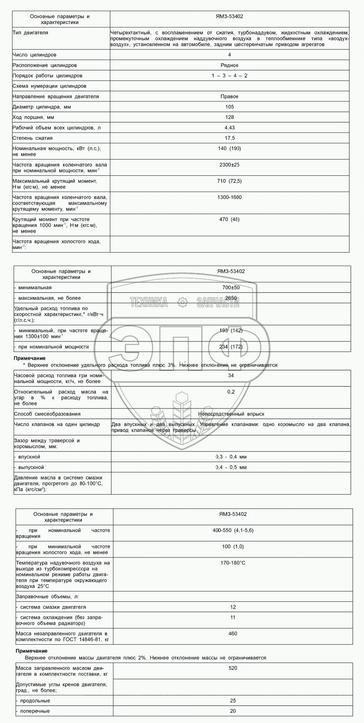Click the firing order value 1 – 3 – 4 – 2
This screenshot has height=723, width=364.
tap(230, 76)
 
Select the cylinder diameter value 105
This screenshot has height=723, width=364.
tap(230, 107)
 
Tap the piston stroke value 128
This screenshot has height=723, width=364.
tap(230, 117)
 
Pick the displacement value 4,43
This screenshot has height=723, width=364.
tap(230, 128)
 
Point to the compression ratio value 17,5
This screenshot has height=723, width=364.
tap(230, 138)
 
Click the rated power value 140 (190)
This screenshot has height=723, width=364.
tap(230, 148)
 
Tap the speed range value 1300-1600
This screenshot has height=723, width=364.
tap(230, 197)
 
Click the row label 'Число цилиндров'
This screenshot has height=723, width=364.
tap(34, 55)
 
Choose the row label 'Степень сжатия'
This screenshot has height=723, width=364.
tap(32, 138)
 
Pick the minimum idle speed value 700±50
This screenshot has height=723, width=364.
tap(231, 288)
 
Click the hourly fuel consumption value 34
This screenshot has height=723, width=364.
tap(231, 375)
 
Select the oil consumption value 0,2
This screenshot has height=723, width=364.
tap(231, 392)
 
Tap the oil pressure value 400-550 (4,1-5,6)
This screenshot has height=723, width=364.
tap(233, 530)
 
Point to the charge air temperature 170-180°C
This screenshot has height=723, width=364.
tap(233, 563)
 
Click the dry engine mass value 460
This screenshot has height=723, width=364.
tap(233, 634)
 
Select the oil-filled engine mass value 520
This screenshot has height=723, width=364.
tap(233, 668)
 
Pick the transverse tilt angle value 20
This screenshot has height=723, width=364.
tap(233, 711)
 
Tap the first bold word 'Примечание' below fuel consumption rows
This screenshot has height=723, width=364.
tap(30, 358)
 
